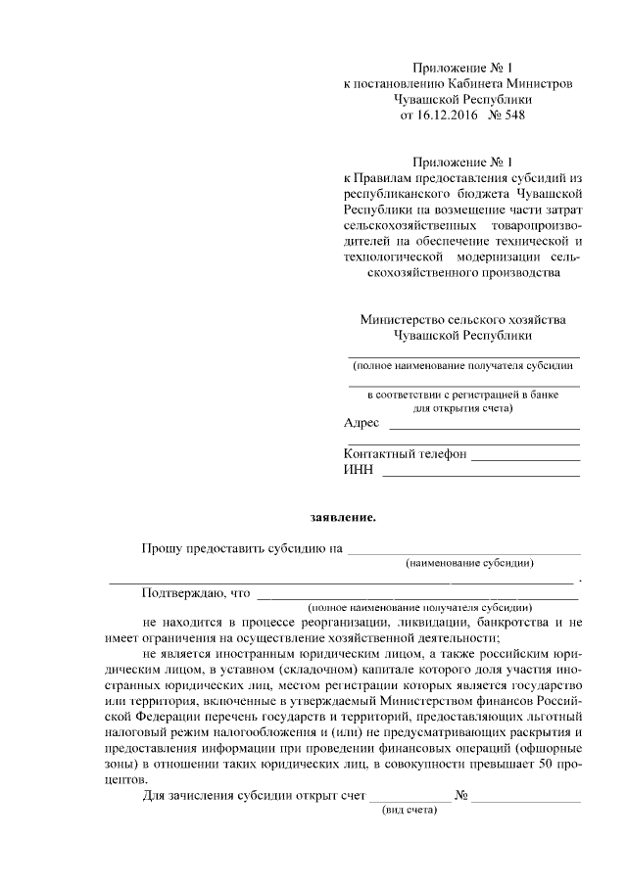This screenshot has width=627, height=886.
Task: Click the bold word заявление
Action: pos(337,516)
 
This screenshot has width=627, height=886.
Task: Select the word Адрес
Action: pos(362,423)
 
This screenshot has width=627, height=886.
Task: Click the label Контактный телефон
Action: pos(405,454)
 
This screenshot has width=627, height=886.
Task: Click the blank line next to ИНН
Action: pos(479,474)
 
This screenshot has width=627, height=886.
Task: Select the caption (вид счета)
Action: pos(408,812)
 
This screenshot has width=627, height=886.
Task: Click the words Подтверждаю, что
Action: pos(195,592)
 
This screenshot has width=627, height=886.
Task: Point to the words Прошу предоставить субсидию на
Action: pos(241,548)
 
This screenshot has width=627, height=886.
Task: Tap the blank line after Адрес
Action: pos(484,427)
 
